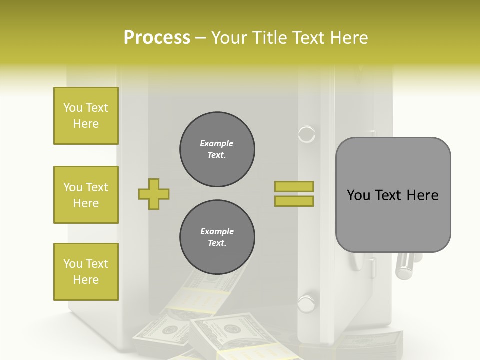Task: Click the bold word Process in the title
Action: point(157,37)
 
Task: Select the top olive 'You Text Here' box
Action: point(86,116)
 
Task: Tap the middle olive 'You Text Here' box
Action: point(86,195)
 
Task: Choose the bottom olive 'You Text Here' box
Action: point(86,272)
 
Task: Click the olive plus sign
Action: point(154,193)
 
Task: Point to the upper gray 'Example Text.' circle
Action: point(217,149)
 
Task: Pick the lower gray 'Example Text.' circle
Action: point(217,237)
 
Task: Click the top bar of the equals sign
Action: point(294,186)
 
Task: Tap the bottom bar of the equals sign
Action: point(294,201)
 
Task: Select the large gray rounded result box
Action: point(393,195)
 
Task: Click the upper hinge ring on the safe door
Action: point(306,134)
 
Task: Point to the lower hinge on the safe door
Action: point(306,302)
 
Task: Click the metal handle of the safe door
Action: point(405,265)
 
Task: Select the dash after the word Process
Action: point(200,38)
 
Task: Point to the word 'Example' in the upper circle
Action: point(217,143)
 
